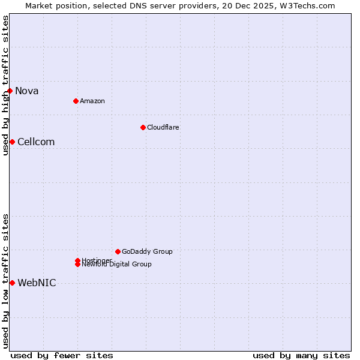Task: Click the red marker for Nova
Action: (x=10, y=91)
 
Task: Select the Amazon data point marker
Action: (x=76, y=101)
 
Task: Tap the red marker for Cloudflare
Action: (x=143, y=127)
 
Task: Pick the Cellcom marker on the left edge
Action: (x=12, y=142)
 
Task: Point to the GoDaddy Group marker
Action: (x=118, y=251)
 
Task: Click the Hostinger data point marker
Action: (x=77, y=260)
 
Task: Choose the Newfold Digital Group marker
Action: (x=77, y=265)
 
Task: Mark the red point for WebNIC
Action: (x=12, y=283)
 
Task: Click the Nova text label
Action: (x=27, y=91)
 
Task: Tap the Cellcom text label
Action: (x=36, y=142)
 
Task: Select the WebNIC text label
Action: (x=37, y=283)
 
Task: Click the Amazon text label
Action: (x=92, y=101)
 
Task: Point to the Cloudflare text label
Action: (x=163, y=127)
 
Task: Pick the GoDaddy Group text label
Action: (x=147, y=251)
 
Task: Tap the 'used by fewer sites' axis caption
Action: (x=62, y=355)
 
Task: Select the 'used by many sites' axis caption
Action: (x=301, y=355)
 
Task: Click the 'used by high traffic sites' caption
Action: (x=5, y=85)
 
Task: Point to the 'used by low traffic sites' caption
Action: (x=5, y=281)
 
